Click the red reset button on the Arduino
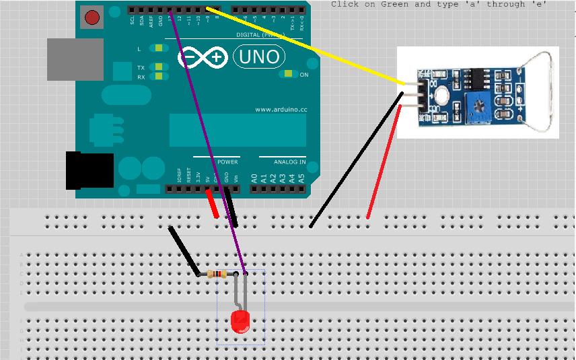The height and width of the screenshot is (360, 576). coord(92,17)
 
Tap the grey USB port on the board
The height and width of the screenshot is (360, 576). coord(74,59)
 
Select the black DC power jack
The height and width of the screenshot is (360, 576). coord(85,170)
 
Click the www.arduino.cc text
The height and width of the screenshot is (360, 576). coord(281,109)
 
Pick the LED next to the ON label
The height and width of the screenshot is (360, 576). coord(289,74)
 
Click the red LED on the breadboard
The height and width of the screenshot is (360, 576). coord(240,322)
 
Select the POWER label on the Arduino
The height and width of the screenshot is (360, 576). coord(227,162)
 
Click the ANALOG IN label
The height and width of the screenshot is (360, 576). coord(289,162)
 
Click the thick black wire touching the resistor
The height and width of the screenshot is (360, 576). coord(184,251)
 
